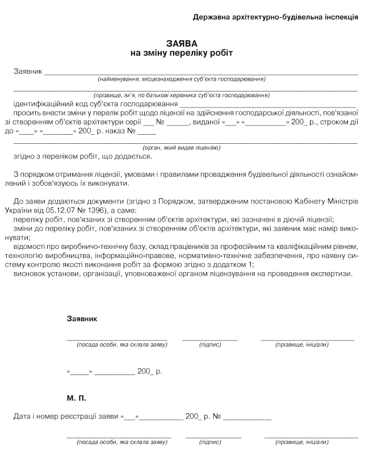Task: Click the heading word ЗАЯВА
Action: pyautogui.click(x=183, y=43)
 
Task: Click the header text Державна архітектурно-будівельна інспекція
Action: pyautogui.click(x=275, y=17)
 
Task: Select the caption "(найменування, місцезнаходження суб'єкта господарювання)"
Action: pyautogui.click(x=181, y=79)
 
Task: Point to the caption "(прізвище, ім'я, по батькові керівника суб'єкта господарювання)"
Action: pyautogui.click(x=181, y=95)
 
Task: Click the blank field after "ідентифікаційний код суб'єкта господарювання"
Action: pyautogui.click(x=267, y=106)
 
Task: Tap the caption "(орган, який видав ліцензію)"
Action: pyautogui.click(x=181, y=148)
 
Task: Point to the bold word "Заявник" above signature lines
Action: pyautogui.click(x=82, y=319)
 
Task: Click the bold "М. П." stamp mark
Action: pyautogui.click(x=77, y=398)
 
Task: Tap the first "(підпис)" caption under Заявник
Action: pyautogui.click(x=210, y=345)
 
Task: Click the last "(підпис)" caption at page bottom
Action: pyautogui.click(x=213, y=442)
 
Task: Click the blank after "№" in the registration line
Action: pyautogui.click(x=247, y=418)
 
